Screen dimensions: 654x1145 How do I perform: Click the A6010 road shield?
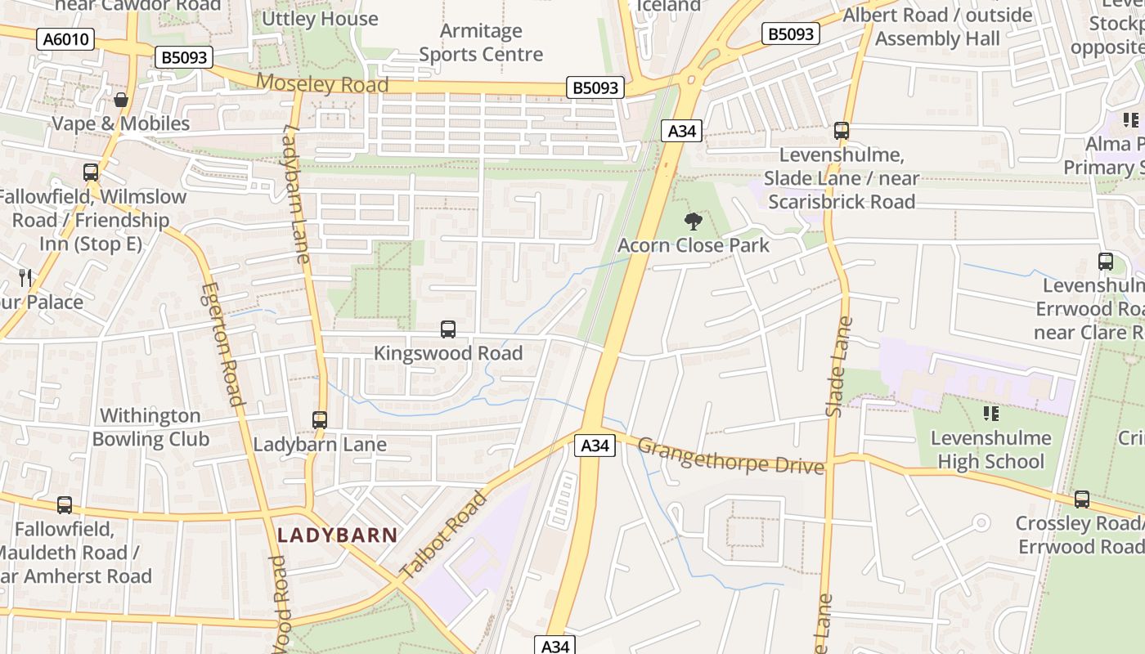click(65, 38)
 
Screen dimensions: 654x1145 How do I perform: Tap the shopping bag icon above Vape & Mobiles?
click(121, 101)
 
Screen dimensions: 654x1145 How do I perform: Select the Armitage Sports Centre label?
click(480, 43)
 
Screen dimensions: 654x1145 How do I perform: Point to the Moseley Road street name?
click(321, 83)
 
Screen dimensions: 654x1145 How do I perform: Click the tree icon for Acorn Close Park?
click(693, 221)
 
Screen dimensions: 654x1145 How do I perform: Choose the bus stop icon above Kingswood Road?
click(448, 329)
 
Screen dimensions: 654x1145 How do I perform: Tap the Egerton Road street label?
click(222, 344)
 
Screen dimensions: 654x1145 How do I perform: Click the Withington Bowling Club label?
click(150, 428)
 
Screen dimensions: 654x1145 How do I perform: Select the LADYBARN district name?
click(337, 535)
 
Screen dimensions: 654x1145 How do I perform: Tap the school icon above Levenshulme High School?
click(990, 414)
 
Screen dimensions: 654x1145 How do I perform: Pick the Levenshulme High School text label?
click(990, 450)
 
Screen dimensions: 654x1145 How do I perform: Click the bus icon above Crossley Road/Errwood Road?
click(1081, 499)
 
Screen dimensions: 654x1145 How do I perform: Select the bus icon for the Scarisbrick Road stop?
click(841, 131)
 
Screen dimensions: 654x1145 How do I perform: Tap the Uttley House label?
click(320, 18)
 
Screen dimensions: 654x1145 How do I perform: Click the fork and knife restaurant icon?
click(25, 278)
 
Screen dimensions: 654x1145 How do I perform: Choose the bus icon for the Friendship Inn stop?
click(91, 172)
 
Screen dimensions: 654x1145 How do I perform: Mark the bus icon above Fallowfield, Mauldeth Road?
click(65, 505)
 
